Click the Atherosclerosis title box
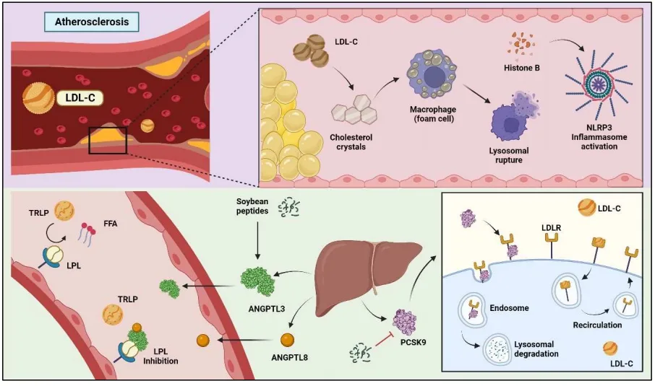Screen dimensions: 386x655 click(92, 22)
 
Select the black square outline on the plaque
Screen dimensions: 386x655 click(108, 139)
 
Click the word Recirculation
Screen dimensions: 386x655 click(596, 325)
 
